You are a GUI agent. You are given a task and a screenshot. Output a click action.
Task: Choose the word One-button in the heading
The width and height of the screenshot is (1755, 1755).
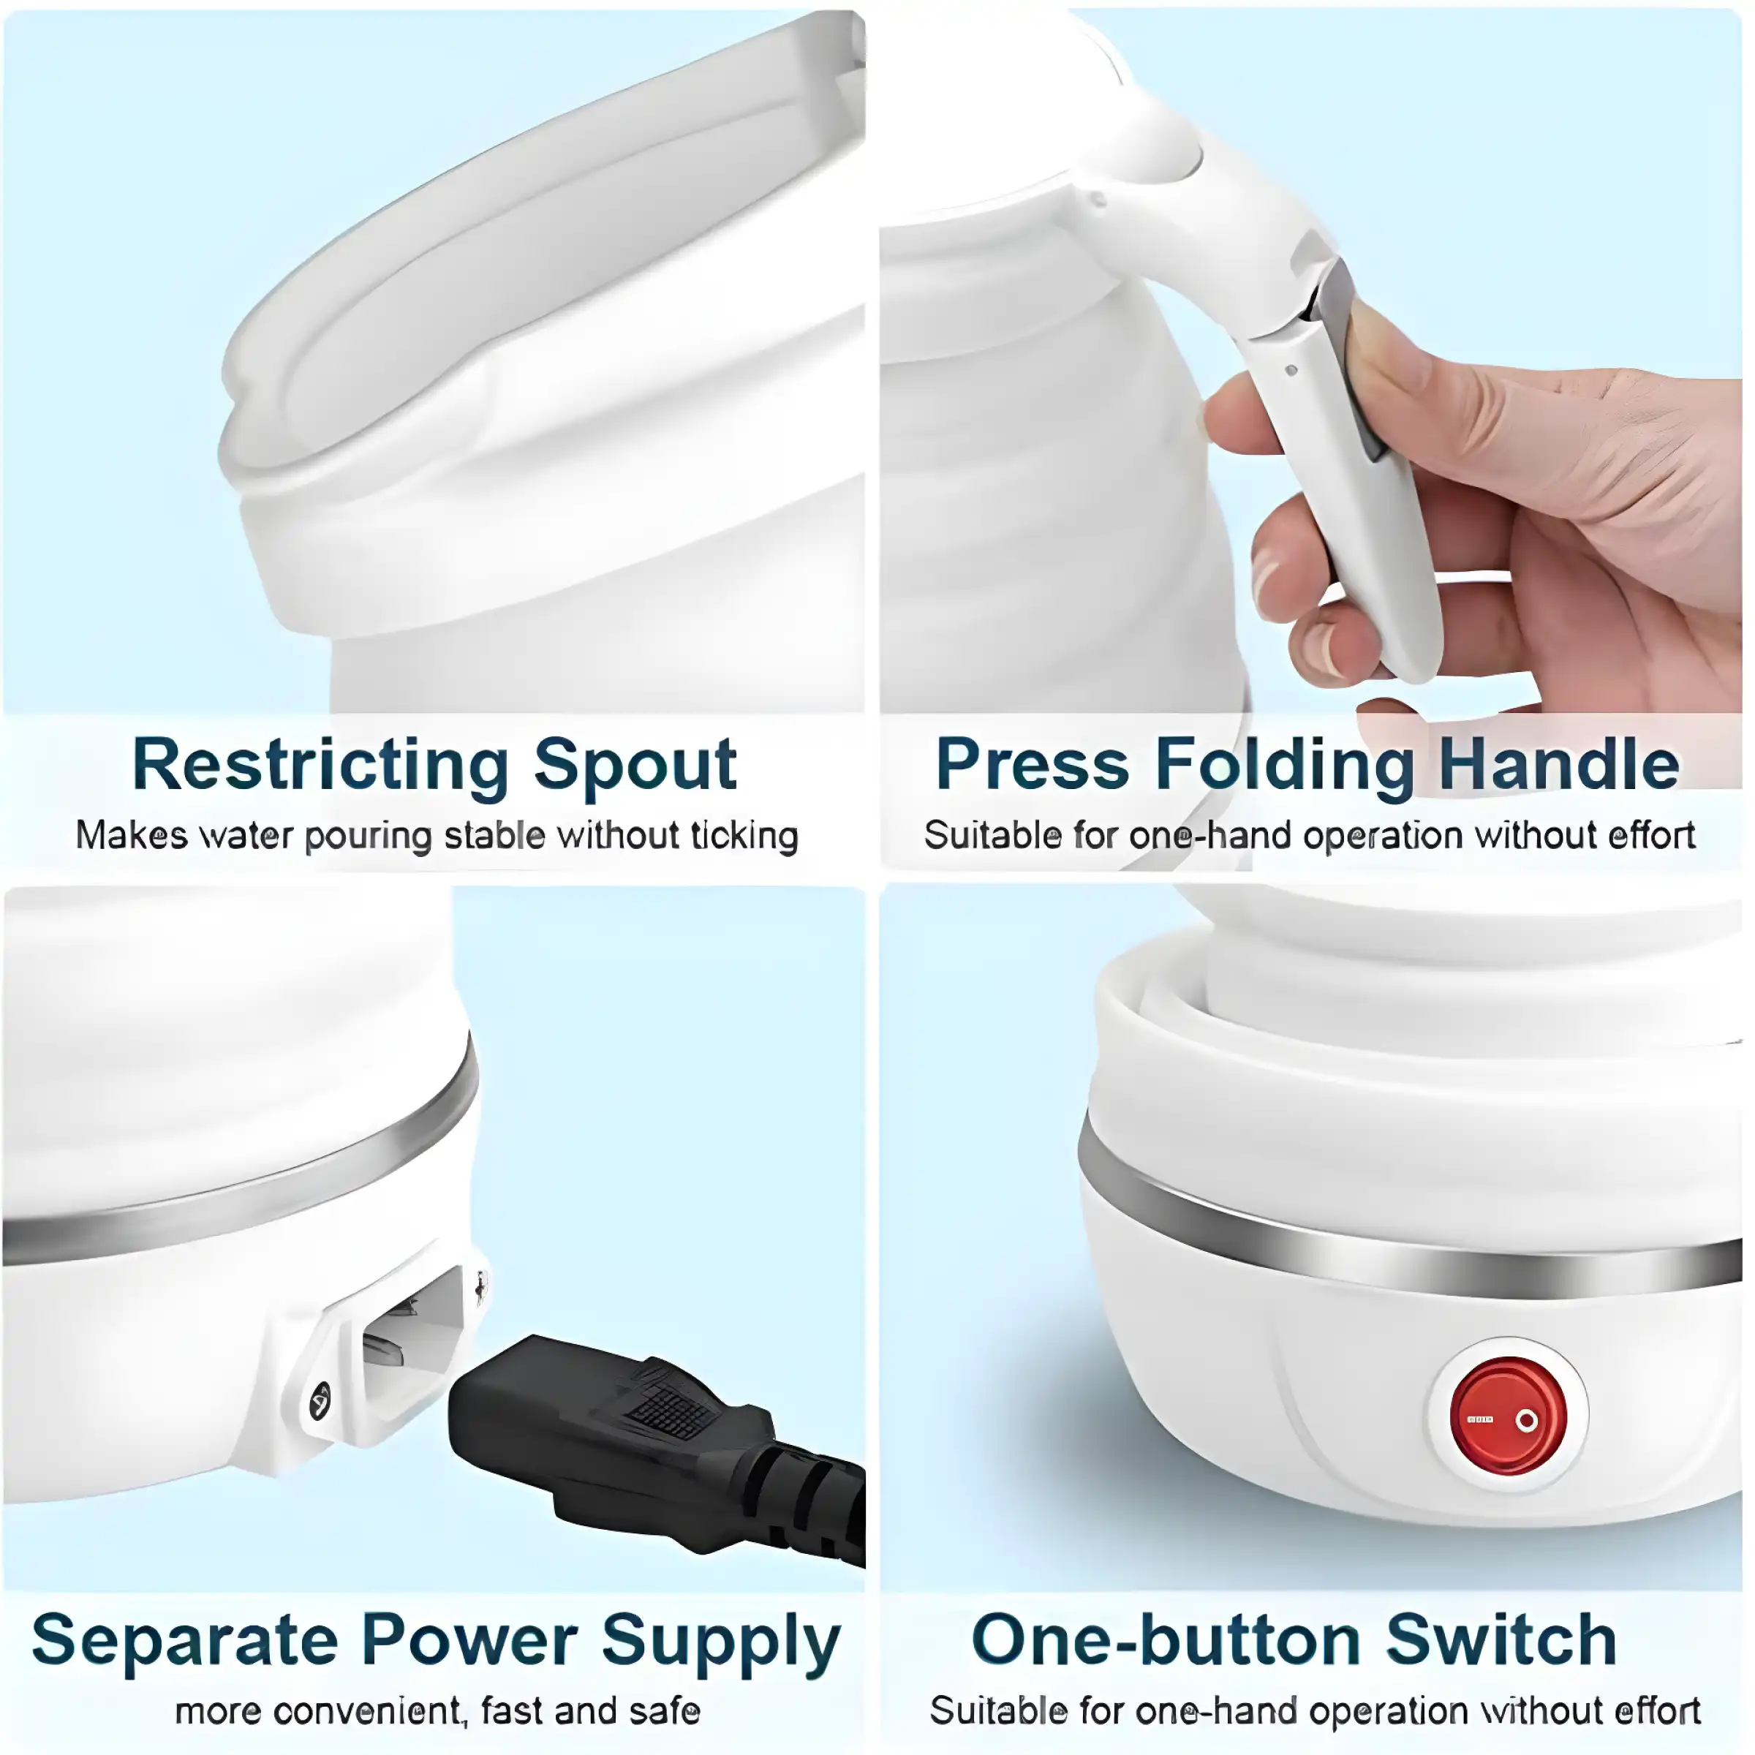pos(1167,1640)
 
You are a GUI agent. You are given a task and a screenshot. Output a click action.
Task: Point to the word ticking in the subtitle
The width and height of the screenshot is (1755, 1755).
pos(744,836)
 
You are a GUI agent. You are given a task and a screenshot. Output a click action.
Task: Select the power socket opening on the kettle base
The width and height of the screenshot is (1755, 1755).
pos(413,1335)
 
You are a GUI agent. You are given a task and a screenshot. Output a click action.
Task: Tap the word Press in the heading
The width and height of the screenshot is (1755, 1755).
pos(1032,765)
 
